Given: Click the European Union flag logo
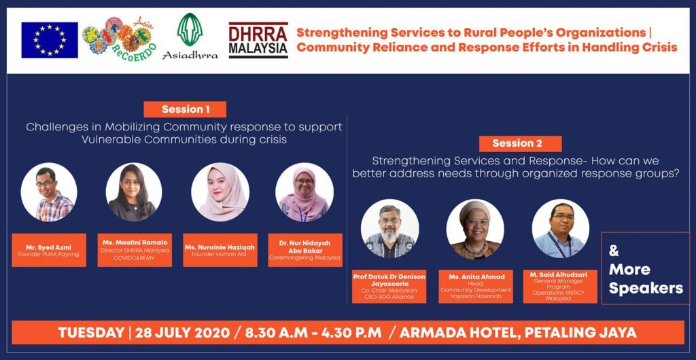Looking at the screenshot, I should (49, 40).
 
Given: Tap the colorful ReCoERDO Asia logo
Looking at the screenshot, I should (117, 39).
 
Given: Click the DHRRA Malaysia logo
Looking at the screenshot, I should (258, 40).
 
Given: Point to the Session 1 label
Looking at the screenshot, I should (184, 109).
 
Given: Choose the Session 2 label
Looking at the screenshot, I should (517, 143).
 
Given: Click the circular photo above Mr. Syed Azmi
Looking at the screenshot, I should (49, 192).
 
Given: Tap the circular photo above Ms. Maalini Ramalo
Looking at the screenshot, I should (134, 192).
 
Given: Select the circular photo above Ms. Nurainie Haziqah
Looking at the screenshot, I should (220, 192).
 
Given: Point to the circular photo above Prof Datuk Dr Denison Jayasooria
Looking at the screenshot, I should (389, 228).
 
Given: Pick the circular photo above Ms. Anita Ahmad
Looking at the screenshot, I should (475, 228).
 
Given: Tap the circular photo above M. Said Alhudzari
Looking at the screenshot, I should (560, 228).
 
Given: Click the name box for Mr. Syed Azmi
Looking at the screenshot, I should (49, 250).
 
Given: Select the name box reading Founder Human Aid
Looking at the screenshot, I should (220, 250).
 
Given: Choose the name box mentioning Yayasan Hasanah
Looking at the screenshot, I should (475, 286).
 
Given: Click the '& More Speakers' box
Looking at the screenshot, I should (645, 268).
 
